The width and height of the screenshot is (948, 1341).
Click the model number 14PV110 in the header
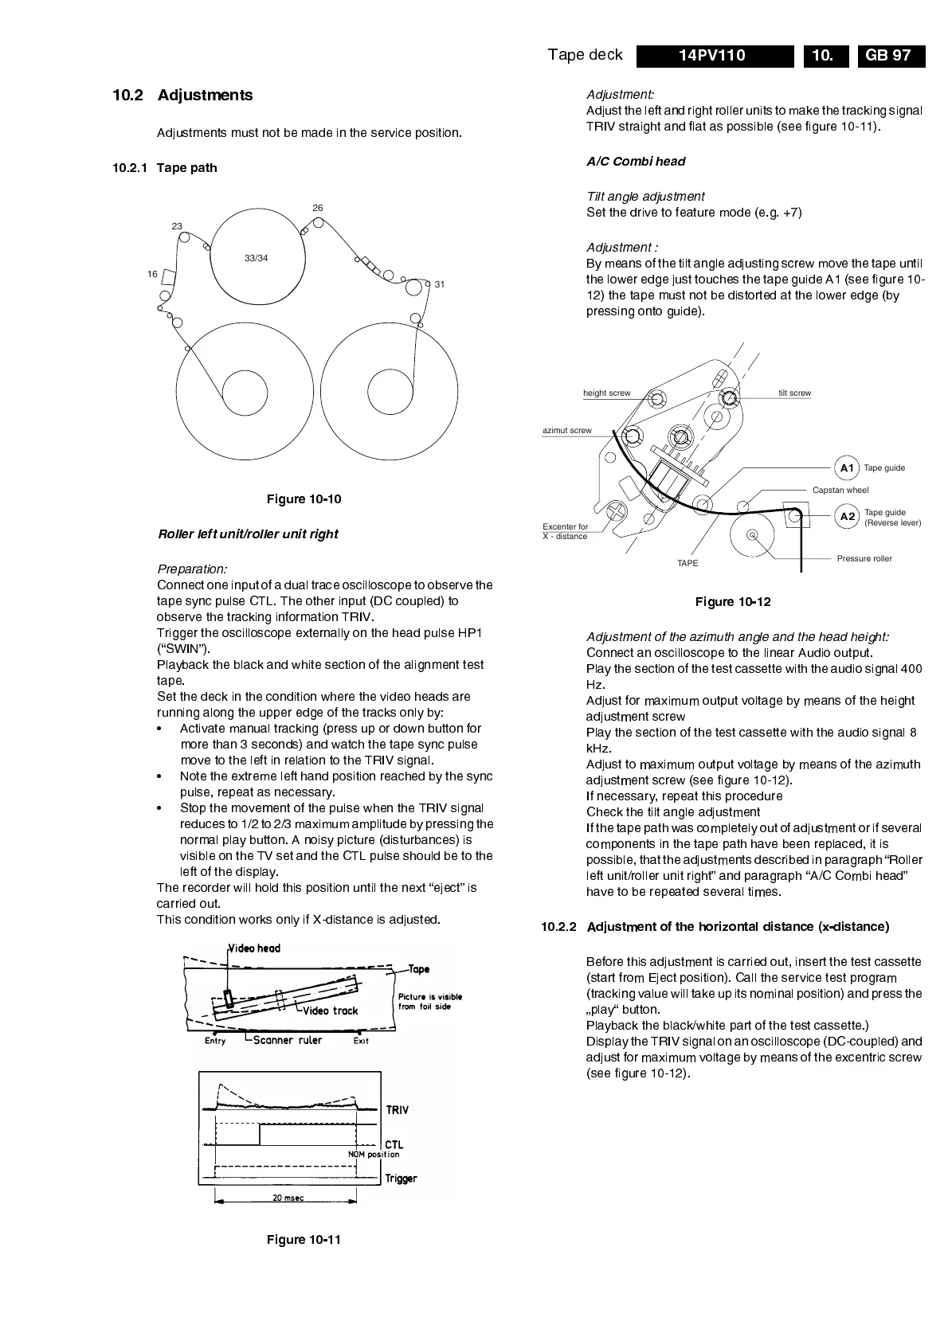click(712, 56)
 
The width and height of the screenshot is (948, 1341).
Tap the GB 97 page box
click(891, 56)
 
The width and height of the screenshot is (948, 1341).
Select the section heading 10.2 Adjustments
click(182, 96)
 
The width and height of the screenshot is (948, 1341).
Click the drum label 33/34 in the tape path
click(256, 258)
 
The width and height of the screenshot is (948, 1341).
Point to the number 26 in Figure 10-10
click(318, 208)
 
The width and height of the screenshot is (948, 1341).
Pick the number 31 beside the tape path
click(440, 284)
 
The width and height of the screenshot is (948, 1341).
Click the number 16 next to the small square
click(152, 274)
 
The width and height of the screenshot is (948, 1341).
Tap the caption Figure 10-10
click(304, 499)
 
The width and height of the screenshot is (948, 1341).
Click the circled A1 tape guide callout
click(847, 468)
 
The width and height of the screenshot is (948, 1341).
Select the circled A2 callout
click(847, 517)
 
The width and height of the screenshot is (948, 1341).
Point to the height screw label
click(606, 393)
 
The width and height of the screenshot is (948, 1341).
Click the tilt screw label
click(794, 393)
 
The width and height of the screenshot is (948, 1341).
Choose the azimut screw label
click(567, 431)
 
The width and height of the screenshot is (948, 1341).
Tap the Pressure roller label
click(864, 559)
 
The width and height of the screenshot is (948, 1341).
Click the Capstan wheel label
click(840, 491)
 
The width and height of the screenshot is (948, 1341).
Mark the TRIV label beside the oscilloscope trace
click(398, 1110)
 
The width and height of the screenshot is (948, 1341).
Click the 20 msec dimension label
click(288, 1198)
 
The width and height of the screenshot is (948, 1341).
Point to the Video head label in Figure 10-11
click(255, 948)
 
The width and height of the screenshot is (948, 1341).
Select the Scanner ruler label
click(288, 1040)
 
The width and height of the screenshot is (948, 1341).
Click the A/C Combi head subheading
click(636, 162)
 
